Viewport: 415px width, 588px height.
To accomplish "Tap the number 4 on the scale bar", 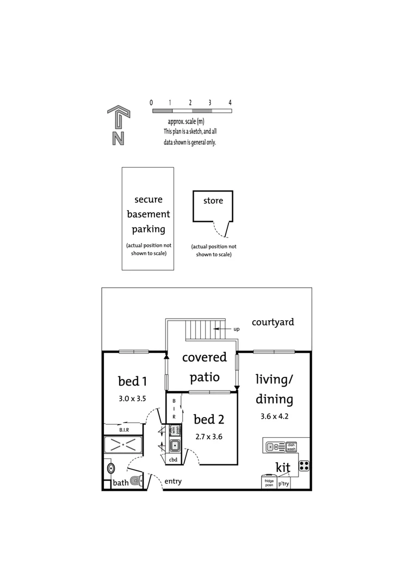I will [x=230, y=102].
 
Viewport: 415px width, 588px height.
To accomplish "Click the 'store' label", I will [x=213, y=200].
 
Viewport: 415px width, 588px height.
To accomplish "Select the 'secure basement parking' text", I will [x=148, y=215].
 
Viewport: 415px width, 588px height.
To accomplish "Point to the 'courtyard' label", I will [x=272, y=322].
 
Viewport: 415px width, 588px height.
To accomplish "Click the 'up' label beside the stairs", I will [x=236, y=329].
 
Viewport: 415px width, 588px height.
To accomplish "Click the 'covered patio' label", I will [x=205, y=366].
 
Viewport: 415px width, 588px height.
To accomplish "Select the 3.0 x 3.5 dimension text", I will [x=133, y=399].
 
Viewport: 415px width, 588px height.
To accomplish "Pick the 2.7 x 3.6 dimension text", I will [x=209, y=437].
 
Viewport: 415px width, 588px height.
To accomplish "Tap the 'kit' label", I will [x=283, y=467].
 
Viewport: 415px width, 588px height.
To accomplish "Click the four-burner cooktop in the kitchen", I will [x=304, y=466].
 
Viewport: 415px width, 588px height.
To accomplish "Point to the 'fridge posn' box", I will [x=269, y=483].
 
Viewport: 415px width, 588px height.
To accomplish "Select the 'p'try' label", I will [x=284, y=483].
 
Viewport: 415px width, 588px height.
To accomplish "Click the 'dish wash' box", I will [x=291, y=446].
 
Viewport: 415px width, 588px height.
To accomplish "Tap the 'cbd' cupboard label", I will [x=174, y=460].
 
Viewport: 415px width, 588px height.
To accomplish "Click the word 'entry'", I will [x=173, y=481].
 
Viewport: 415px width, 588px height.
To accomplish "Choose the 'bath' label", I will [x=120, y=483].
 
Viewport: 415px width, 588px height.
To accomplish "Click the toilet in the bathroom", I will [x=136, y=480].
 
